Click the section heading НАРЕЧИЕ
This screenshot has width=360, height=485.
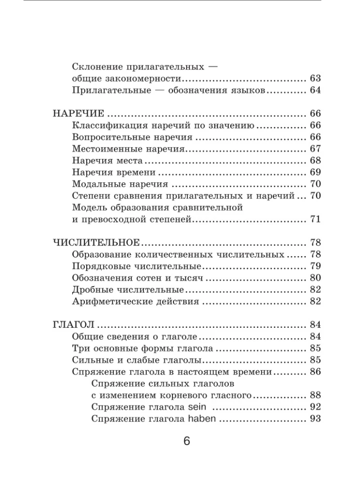(x=78, y=114)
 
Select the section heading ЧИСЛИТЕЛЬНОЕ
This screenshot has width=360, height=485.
(x=96, y=242)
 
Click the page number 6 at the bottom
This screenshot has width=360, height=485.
(x=187, y=442)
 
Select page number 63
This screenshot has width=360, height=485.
(x=315, y=79)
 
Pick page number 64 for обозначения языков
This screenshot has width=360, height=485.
(x=315, y=90)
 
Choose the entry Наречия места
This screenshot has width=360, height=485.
(x=107, y=161)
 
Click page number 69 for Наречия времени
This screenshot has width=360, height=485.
(x=315, y=172)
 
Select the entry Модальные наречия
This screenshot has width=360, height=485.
(x=120, y=184)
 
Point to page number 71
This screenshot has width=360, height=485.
(x=315, y=219)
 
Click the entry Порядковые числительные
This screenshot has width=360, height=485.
(x=136, y=266)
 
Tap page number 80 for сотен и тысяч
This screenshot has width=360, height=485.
(x=315, y=278)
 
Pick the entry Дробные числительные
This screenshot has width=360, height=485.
(x=127, y=290)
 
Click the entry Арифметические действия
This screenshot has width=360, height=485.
(x=135, y=302)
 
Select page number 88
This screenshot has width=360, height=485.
(x=315, y=395)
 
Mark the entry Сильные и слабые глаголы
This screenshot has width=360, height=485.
(x=137, y=360)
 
